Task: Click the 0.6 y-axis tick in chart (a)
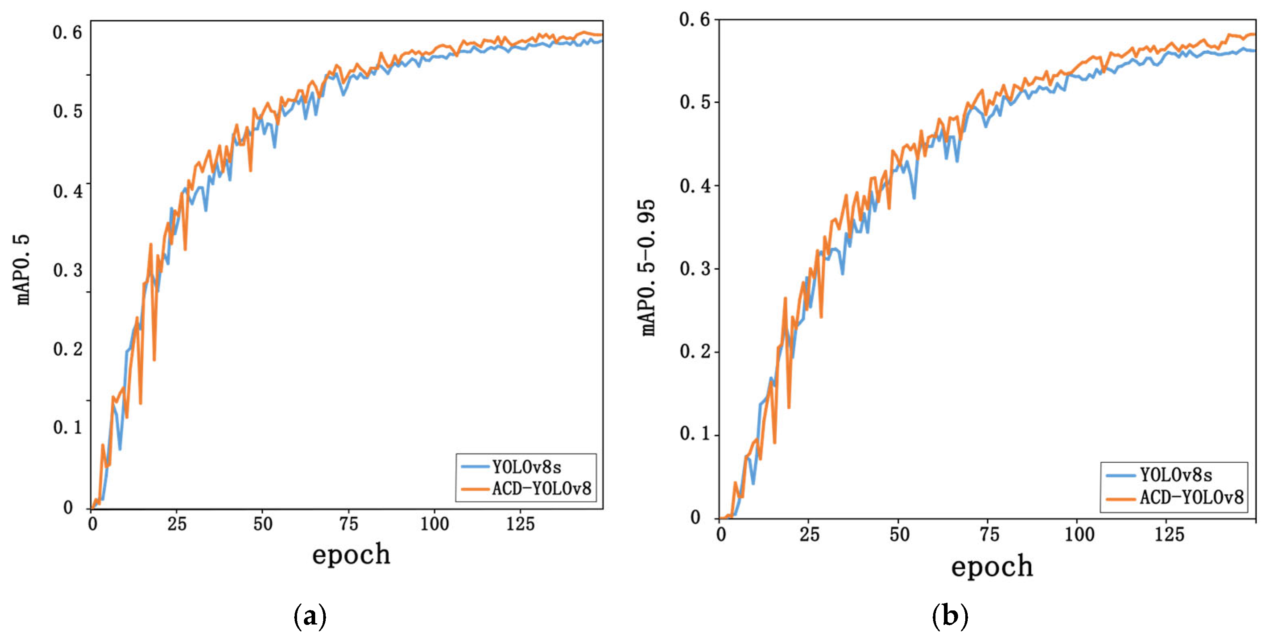point(68,33)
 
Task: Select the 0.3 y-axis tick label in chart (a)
point(68,270)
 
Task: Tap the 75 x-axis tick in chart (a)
point(349,524)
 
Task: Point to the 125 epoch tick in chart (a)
point(520,524)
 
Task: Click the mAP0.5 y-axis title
point(23,270)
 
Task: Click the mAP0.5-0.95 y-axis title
point(648,268)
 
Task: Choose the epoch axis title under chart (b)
point(992,567)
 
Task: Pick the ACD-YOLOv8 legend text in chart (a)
point(541,489)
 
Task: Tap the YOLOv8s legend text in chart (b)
point(1176,475)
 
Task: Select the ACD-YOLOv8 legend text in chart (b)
point(1192,498)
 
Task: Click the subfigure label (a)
point(310,616)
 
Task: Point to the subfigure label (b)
point(950,616)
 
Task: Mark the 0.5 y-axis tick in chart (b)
point(695,103)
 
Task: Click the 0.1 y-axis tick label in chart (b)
point(695,434)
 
